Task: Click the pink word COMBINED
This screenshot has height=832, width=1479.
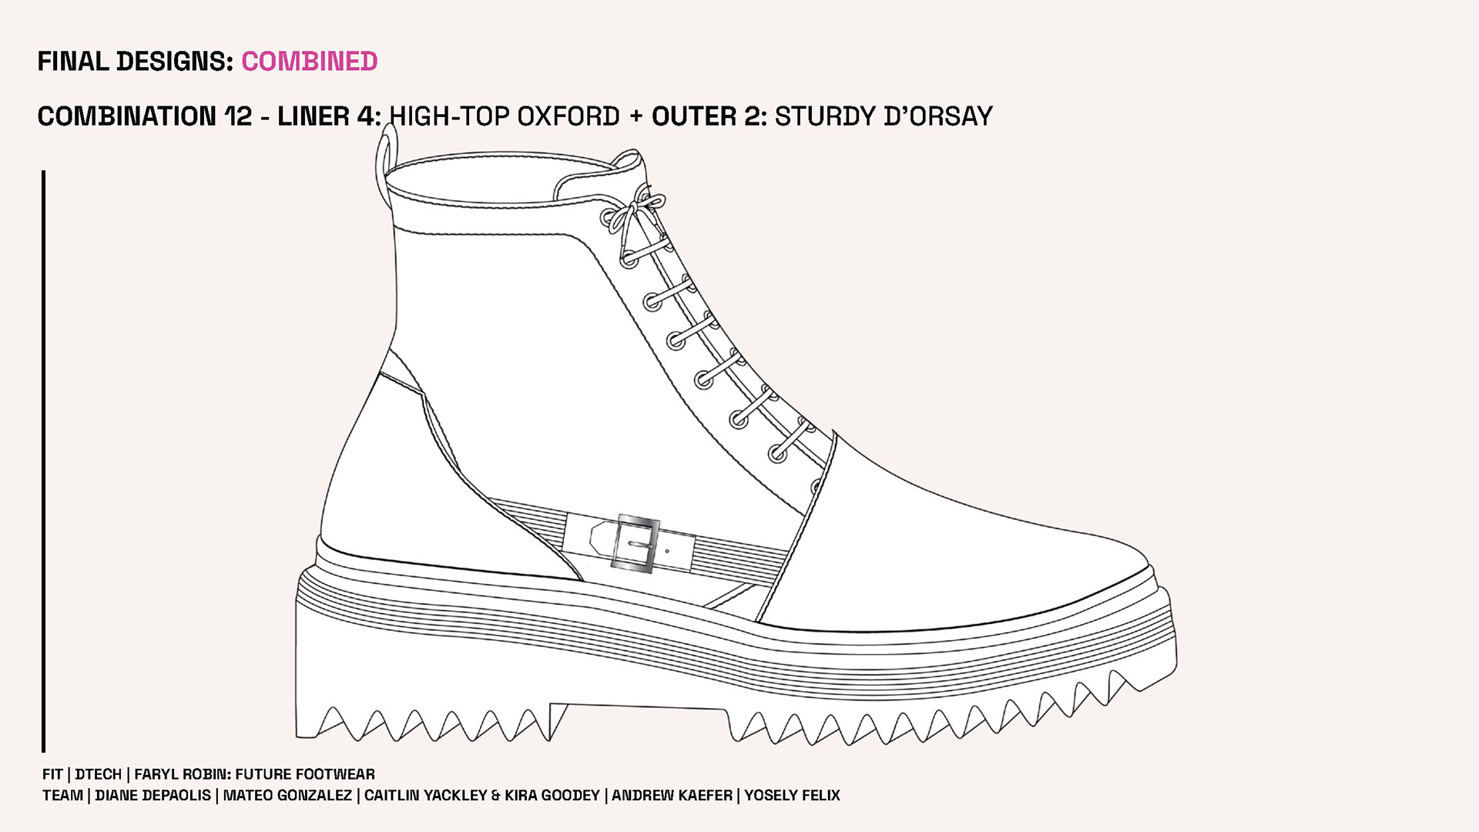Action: click(310, 62)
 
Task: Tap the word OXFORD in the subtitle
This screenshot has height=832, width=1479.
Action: click(568, 116)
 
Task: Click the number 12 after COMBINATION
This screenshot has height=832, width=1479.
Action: click(238, 116)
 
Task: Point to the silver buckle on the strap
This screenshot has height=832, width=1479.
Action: click(636, 544)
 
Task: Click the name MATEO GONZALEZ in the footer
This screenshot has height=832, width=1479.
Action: click(287, 795)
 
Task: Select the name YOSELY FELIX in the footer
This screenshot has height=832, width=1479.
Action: click(792, 795)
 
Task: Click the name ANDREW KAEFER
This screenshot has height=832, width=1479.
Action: click(672, 795)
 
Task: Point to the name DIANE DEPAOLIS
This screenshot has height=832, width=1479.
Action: click(153, 795)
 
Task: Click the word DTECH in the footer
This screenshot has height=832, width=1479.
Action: click(98, 774)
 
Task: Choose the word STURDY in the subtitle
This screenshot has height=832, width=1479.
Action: click(824, 116)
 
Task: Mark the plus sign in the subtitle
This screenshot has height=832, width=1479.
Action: click(636, 116)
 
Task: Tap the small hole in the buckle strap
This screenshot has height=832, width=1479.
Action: click(666, 551)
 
